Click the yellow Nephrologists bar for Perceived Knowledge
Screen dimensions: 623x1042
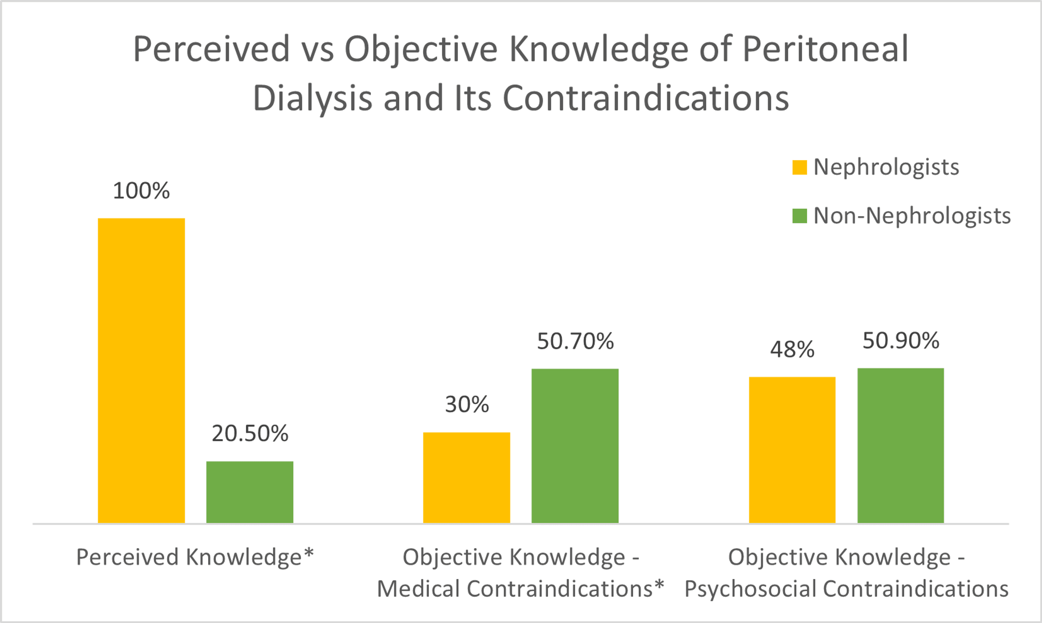pyautogui.click(x=141, y=370)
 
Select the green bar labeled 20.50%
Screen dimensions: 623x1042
pyautogui.click(x=249, y=492)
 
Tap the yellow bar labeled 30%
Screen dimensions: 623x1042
pyautogui.click(x=466, y=477)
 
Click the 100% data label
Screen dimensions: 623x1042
pyautogui.click(x=141, y=191)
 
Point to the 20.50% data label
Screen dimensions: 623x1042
pyautogui.click(x=250, y=433)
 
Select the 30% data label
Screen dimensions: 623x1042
pyautogui.click(x=466, y=404)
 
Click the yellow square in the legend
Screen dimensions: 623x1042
pyautogui.click(x=800, y=167)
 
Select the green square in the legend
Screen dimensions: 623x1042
pyautogui.click(x=800, y=216)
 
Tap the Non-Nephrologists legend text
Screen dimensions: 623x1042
pyautogui.click(x=912, y=216)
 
